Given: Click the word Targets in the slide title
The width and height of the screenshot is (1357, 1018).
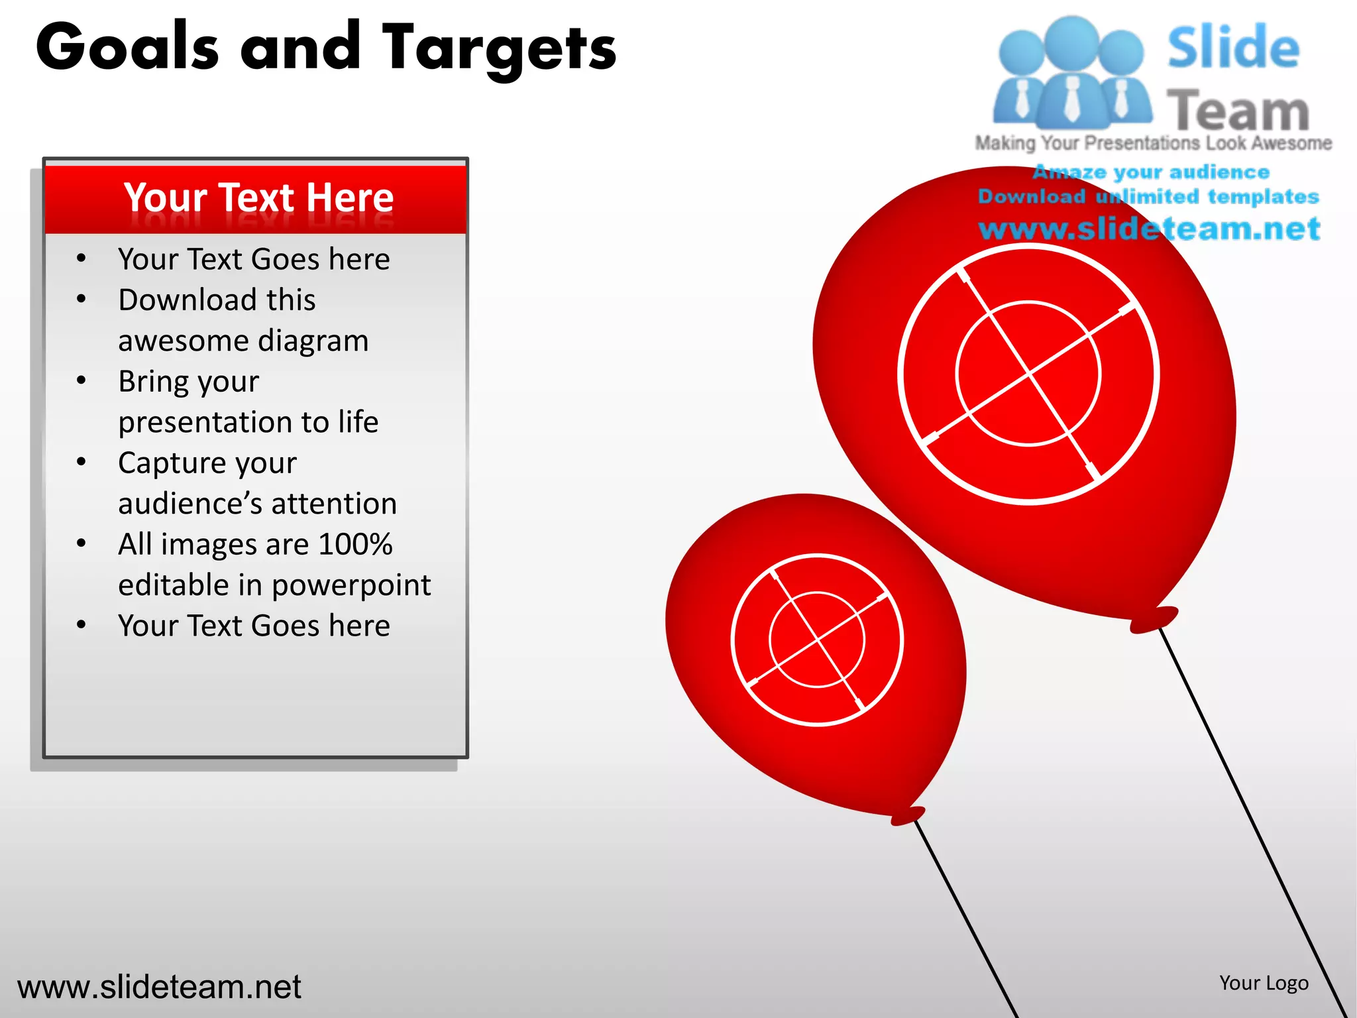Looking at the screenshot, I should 500,48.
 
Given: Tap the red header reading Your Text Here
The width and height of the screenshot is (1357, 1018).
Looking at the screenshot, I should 258,198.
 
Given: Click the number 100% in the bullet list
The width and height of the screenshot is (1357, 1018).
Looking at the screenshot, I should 355,544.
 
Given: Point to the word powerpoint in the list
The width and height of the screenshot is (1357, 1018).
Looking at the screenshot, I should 351,585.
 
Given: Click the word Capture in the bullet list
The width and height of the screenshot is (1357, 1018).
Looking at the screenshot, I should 168,463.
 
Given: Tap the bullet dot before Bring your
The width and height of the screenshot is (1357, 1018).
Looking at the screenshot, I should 81,380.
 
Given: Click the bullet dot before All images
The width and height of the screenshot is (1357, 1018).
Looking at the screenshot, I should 81,543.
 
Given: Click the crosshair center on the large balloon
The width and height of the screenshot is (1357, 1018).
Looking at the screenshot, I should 1029,374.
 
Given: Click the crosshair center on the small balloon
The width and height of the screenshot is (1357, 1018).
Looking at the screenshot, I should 818,640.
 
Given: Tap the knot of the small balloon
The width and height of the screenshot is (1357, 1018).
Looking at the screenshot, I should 908,815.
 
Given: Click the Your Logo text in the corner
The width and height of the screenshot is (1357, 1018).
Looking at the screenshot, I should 1264,983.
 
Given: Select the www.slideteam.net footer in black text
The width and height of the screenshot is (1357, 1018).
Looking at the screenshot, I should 159,987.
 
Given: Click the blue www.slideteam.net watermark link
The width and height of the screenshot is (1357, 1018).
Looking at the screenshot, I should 1149,229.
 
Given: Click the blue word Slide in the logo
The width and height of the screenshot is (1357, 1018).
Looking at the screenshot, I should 1233,47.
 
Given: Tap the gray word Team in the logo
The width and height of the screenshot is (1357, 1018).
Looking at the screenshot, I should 1238,111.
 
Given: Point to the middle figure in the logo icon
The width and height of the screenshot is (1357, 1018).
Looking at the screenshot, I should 1072,73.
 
